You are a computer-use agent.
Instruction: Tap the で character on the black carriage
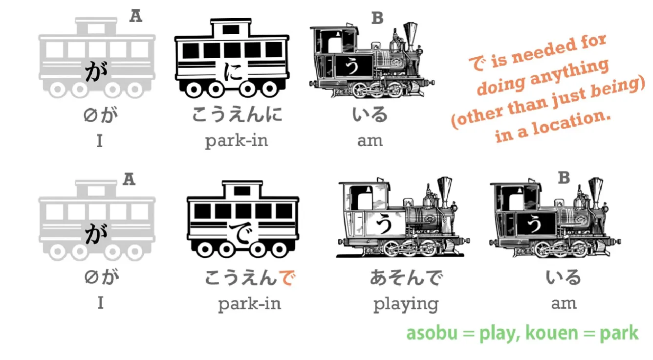(242, 234)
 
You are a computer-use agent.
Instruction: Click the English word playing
(406, 304)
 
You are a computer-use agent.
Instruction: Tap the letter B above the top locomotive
(377, 19)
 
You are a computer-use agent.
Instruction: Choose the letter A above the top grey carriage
(135, 16)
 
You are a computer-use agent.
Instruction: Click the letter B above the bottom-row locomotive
(564, 178)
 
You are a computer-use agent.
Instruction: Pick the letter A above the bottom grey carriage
(129, 180)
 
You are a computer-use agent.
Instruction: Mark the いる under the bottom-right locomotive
(564, 278)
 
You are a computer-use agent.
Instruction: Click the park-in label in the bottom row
(249, 304)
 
